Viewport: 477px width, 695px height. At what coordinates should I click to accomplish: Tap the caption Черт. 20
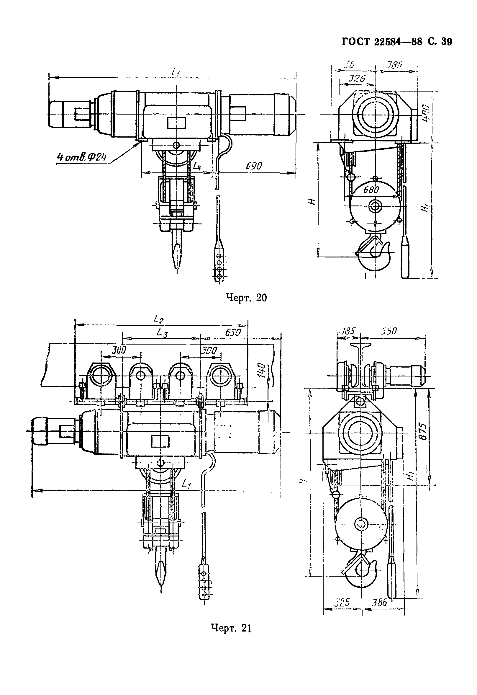[x=246, y=298]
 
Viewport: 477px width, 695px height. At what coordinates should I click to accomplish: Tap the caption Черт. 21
[x=231, y=628]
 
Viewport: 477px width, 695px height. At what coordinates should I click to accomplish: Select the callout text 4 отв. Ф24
[x=82, y=157]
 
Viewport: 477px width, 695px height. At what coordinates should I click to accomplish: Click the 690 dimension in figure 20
[x=254, y=166]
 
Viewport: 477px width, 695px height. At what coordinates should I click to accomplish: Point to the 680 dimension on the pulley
[x=371, y=190]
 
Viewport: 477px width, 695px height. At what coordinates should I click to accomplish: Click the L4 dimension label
[x=196, y=166]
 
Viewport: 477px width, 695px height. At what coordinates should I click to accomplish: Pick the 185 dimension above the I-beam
[x=348, y=331]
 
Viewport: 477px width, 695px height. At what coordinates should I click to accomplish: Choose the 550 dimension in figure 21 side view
[x=389, y=331]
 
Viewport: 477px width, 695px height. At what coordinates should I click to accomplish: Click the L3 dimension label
[x=161, y=332]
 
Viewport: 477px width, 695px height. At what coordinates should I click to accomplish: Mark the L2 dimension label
[x=158, y=319]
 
